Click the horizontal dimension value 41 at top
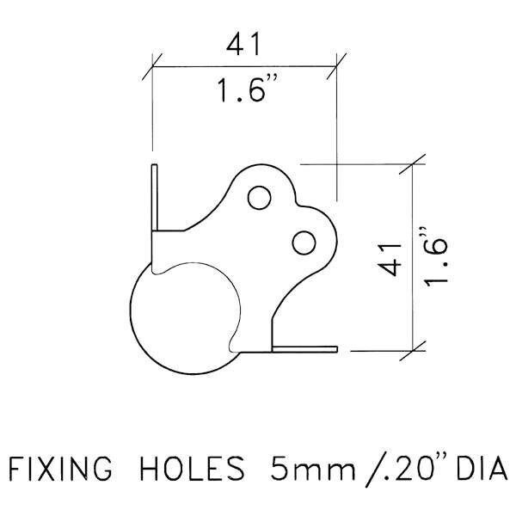click(243, 45)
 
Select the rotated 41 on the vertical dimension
click(391, 257)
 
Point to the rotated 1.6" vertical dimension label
click(438, 259)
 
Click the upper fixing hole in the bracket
click(257, 198)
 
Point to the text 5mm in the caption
click(296, 472)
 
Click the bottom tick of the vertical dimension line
click(415, 348)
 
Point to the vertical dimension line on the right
click(415, 257)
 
